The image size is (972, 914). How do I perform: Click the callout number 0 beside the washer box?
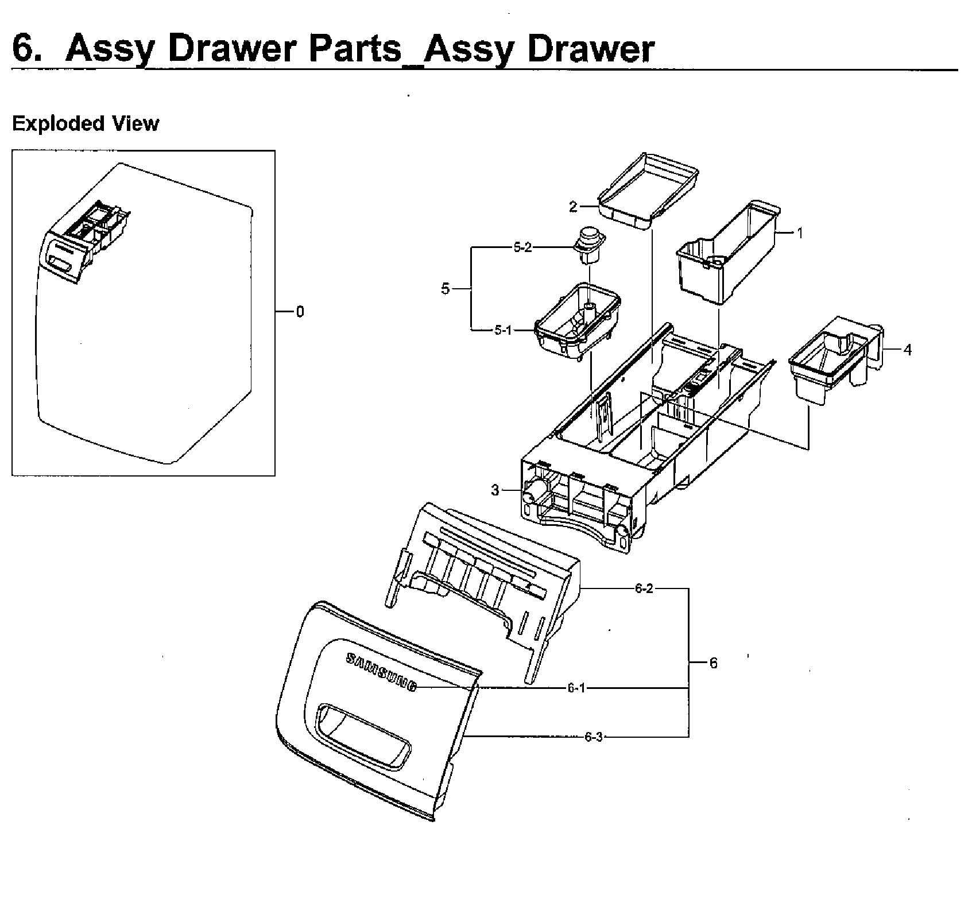pos(300,312)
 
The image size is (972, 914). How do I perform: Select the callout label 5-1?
pos(502,330)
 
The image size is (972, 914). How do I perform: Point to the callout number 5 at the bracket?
pos(446,289)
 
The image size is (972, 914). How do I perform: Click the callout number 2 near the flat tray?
pos(573,207)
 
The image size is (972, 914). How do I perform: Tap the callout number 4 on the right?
pos(907,350)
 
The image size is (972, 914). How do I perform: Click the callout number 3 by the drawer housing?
pos(495,490)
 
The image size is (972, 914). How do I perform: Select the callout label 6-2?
pos(644,589)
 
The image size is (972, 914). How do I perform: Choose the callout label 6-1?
pos(576,688)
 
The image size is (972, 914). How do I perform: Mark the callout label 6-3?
pos(594,737)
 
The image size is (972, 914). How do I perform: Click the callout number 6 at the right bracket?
pos(713,663)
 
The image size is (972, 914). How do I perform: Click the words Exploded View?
pos(86,123)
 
